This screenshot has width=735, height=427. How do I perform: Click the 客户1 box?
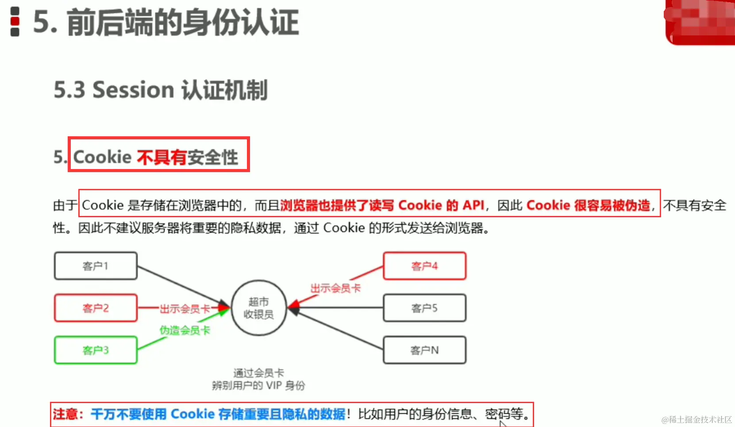point(96,266)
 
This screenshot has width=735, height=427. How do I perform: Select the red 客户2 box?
point(96,308)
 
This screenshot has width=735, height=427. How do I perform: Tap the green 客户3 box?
point(96,350)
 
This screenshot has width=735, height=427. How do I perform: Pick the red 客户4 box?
point(424,266)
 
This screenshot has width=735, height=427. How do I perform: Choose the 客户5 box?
point(424,308)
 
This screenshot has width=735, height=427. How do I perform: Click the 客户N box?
point(424,350)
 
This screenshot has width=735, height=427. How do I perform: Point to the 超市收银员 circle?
point(259,308)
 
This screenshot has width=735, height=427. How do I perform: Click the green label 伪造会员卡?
point(185,330)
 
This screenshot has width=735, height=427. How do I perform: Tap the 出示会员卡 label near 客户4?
point(335,289)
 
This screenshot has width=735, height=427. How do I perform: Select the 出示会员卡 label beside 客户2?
point(185,308)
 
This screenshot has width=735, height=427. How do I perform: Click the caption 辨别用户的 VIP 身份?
point(258,385)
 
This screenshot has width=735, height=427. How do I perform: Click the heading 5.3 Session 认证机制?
point(161,90)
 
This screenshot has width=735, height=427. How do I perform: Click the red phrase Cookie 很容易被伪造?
point(589,205)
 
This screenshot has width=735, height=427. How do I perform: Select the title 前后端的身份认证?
point(183,22)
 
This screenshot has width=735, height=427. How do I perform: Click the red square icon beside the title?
point(15,21)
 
